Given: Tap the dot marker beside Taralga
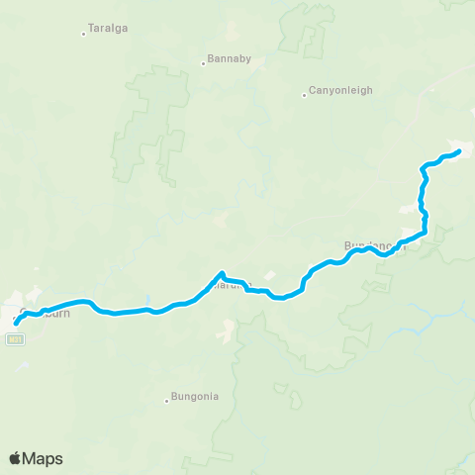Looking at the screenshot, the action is click(x=83, y=35).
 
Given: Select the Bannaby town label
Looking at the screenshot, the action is click(x=230, y=58).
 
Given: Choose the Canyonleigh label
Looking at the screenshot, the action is click(x=341, y=90).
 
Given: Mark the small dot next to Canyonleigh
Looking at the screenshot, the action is click(x=305, y=95).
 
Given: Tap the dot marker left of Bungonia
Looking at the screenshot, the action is click(x=166, y=401).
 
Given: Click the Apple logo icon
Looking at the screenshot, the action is click(x=15, y=458).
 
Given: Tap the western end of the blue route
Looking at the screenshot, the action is click(x=16, y=323).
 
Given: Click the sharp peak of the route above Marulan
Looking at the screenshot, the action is click(x=223, y=273).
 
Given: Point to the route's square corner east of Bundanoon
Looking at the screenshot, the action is click(x=425, y=235).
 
